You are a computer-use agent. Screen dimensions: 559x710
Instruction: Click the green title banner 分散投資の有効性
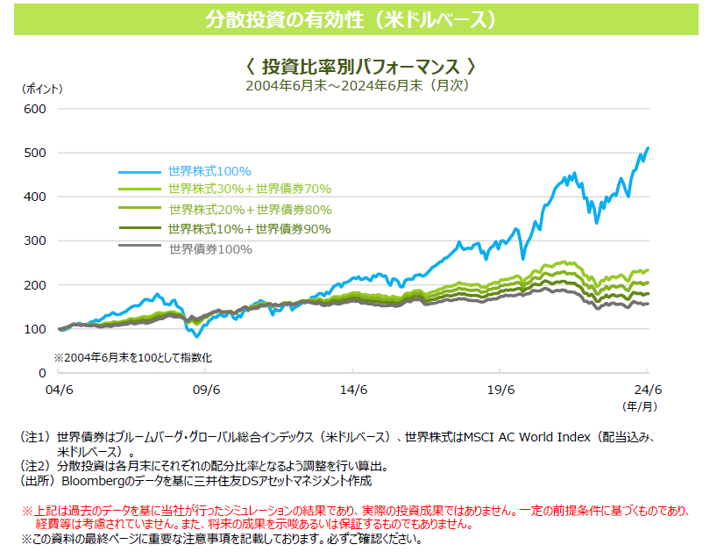[x=354, y=18]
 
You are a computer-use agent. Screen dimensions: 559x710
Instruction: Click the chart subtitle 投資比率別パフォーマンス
[x=359, y=67]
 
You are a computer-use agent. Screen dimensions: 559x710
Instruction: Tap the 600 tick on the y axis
[x=35, y=109]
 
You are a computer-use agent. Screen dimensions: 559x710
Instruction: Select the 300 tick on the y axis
[x=35, y=240]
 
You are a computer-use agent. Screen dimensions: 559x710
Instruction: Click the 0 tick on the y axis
[x=41, y=373]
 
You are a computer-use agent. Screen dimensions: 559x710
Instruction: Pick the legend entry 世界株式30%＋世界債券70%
[x=249, y=189]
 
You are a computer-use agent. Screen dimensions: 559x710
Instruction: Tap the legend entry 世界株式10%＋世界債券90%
[x=250, y=229]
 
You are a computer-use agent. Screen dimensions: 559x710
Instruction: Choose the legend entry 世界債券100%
[x=209, y=249]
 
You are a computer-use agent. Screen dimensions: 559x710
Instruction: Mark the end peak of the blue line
[x=648, y=147]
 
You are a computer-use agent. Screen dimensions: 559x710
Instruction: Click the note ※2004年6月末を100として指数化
[x=133, y=358]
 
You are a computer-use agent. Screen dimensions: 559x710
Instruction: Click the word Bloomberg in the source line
[x=96, y=481]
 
